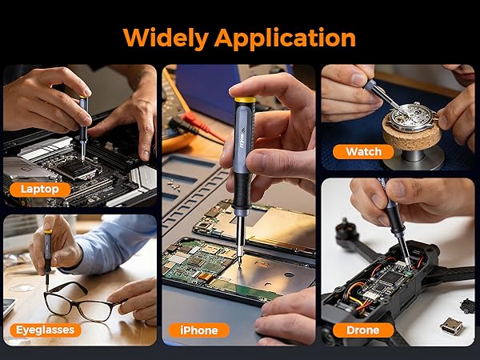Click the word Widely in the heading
[166, 38]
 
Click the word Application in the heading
[285, 38]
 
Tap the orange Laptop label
[40, 190]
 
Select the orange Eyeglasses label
[46, 330]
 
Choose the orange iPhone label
[199, 330]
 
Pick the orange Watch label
[363, 152]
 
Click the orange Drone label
[363, 330]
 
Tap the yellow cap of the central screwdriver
[245, 100]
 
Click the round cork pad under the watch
[412, 134]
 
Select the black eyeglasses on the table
[80, 302]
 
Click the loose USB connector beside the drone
[451, 326]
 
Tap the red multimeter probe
[203, 126]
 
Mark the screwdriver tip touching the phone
[239, 262]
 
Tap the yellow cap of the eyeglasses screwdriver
[48, 231]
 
